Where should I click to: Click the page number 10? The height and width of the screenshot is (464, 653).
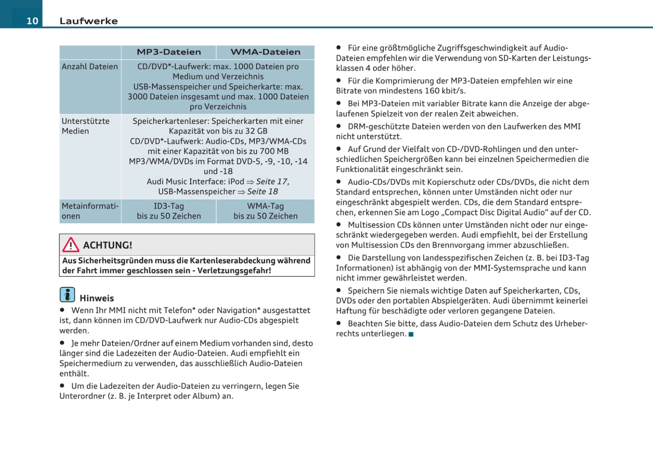(x=32, y=21)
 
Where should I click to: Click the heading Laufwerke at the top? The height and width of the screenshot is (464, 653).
(x=89, y=21)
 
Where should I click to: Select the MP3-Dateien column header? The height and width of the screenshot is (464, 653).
(x=169, y=52)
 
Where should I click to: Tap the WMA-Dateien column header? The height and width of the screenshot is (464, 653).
(x=265, y=52)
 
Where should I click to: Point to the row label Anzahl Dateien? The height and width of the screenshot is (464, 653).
(x=89, y=66)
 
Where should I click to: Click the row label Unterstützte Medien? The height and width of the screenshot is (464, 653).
(x=85, y=126)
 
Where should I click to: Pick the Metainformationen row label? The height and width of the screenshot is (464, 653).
(x=90, y=211)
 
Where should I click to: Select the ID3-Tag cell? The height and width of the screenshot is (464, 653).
(x=169, y=206)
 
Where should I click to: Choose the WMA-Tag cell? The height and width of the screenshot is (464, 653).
(x=265, y=206)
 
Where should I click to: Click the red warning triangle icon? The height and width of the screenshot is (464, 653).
(x=70, y=245)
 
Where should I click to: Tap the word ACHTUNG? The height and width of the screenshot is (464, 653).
(x=108, y=245)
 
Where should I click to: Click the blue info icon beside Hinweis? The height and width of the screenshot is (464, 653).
(x=67, y=295)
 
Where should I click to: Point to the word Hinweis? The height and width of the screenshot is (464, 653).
(x=97, y=298)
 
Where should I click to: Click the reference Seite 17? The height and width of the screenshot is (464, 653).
(x=272, y=181)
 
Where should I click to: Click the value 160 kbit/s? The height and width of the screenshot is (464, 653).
(x=445, y=91)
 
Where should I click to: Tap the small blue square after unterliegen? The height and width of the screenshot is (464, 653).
(x=411, y=334)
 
